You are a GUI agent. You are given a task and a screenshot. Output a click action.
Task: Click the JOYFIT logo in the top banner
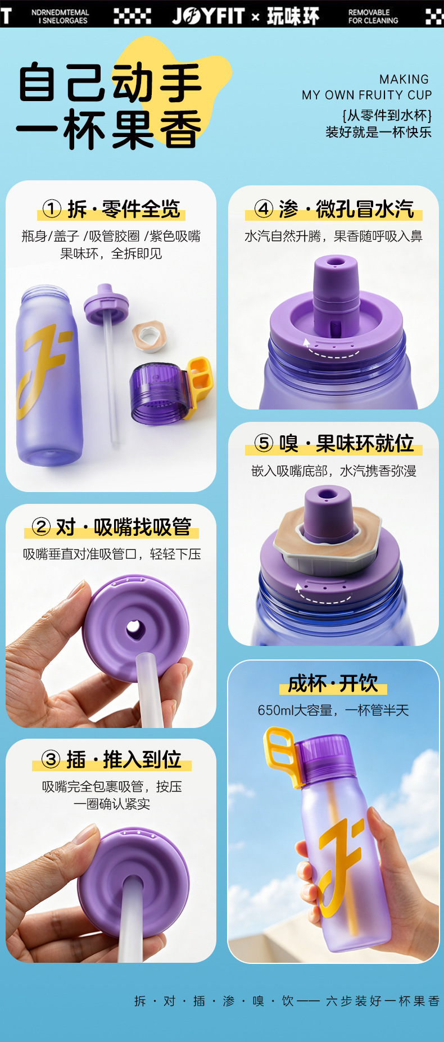tap(209, 15)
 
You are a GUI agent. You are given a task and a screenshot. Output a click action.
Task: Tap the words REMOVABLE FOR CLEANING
tap(373, 16)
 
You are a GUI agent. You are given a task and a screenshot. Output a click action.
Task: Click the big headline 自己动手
tap(110, 83)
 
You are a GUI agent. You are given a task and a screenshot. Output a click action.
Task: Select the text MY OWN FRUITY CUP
tap(366, 95)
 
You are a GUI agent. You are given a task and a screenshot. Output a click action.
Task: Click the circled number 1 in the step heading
tap(52, 209)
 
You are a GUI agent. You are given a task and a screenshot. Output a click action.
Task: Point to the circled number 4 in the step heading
tap(264, 209)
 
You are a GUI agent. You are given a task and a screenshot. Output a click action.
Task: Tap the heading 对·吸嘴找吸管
tap(124, 527)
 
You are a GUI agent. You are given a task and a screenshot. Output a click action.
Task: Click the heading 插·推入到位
tap(124, 759)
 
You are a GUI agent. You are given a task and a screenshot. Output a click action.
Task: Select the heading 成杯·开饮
tap(333, 684)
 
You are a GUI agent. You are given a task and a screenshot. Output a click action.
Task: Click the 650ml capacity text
tap(333, 710)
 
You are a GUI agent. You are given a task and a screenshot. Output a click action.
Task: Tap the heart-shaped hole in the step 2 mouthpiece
tap(135, 629)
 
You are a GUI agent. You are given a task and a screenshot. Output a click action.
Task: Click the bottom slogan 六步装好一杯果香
tap(383, 1001)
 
